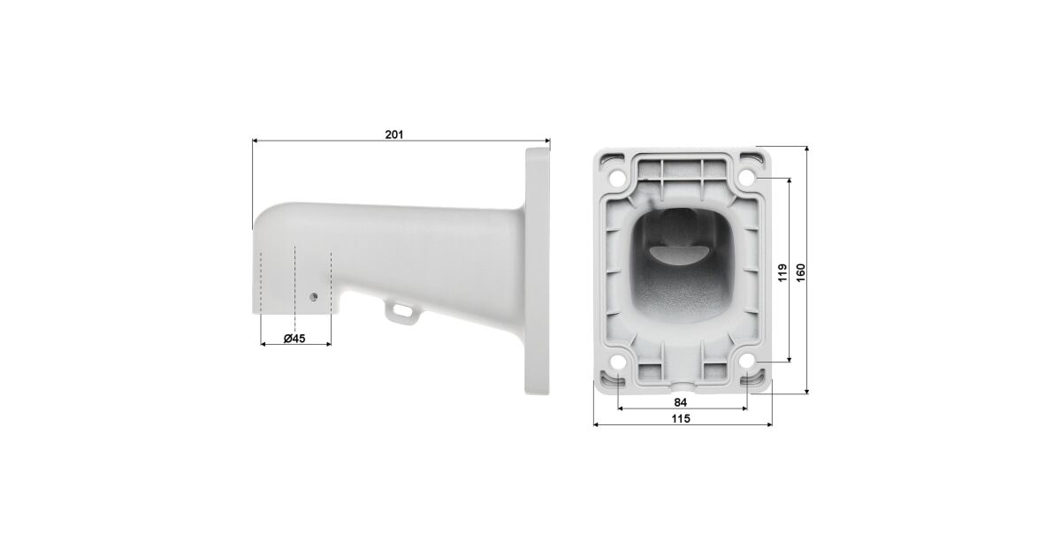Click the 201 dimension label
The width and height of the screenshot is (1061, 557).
coord(394,134)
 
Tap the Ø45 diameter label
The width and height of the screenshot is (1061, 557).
coord(294,338)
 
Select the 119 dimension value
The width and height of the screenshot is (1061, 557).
coord(782,273)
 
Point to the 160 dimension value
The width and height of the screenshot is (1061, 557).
coord(800,273)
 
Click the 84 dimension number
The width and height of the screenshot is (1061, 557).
coord(680,402)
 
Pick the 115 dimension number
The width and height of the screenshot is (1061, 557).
coord(681,419)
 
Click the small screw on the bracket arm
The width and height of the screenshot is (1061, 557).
coord(313,297)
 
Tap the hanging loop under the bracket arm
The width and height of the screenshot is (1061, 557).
coord(402,312)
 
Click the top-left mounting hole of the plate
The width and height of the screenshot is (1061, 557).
coord(618,179)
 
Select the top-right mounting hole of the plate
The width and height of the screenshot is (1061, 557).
coord(746,179)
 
